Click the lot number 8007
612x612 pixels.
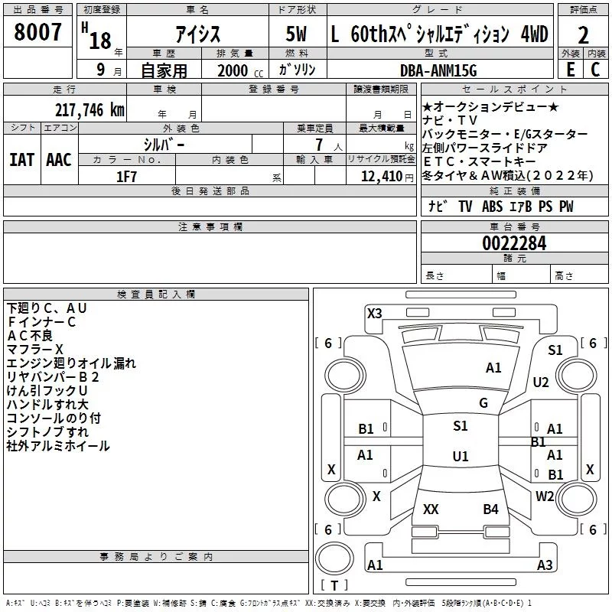(38, 34)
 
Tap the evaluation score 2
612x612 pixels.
(584, 35)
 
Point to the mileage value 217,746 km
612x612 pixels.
(90, 109)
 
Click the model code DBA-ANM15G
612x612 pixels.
(438, 70)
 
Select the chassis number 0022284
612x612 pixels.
(514, 244)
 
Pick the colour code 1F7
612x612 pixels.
(126, 176)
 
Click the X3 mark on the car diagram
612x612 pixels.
(374, 313)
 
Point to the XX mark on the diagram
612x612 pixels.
(431, 509)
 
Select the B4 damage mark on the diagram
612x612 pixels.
(490, 509)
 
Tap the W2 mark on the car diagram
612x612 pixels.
(545, 496)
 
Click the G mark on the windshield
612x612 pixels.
(483, 402)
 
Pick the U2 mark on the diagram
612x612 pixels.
(541, 382)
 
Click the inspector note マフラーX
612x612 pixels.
(35, 349)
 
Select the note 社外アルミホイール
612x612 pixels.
(58, 445)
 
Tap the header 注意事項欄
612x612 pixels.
(210, 227)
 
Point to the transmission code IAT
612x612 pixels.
(21, 159)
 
